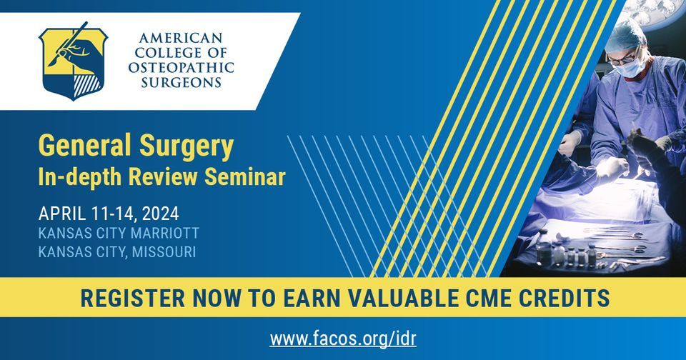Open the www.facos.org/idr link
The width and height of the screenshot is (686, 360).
(342, 336)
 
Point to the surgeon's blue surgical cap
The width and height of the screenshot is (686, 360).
(627, 34)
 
